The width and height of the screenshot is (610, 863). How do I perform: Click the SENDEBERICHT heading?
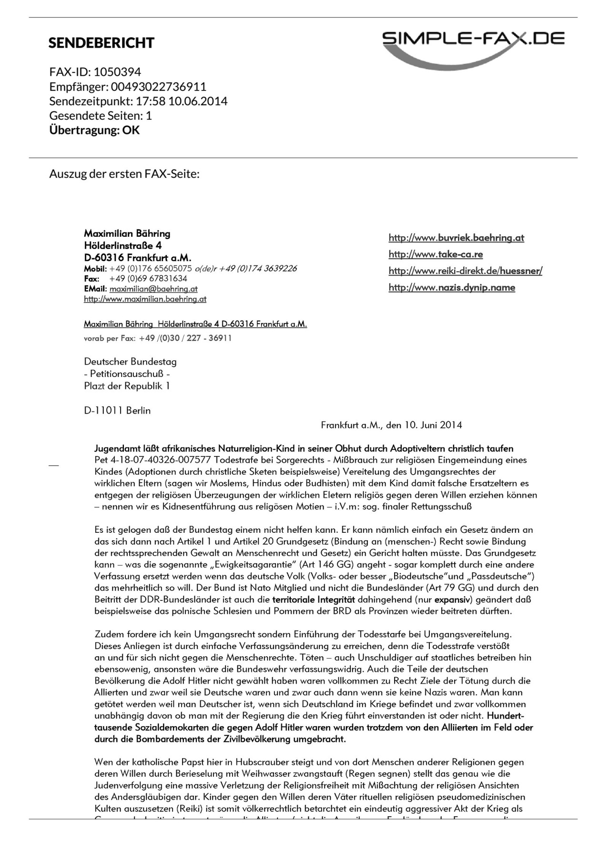pyautogui.click(x=102, y=43)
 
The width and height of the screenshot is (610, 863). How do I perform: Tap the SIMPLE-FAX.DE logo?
pyautogui.click(x=473, y=48)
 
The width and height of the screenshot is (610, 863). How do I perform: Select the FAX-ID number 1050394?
pyautogui.click(x=117, y=72)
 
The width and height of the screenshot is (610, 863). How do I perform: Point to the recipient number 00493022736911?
pyautogui.click(x=159, y=87)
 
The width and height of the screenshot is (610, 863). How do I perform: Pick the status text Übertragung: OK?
pyautogui.click(x=94, y=130)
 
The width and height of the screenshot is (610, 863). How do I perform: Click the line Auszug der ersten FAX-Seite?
pyautogui.click(x=124, y=173)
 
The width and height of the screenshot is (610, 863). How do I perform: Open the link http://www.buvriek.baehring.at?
pyautogui.click(x=456, y=238)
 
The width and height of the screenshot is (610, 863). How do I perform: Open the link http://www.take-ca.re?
pyautogui.click(x=436, y=254)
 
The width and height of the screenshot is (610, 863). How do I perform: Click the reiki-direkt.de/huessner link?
pyautogui.click(x=465, y=271)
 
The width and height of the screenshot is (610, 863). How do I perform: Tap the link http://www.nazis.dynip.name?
pyautogui.click(x=452, y=287)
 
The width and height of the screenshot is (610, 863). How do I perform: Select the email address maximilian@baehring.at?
pyautogui.click(x=153, y=289)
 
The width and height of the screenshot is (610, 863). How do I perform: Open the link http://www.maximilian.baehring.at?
pyautogui.click(x=145, y=299)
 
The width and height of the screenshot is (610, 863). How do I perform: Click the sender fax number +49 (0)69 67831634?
pyautogui.click(x=148, y=279)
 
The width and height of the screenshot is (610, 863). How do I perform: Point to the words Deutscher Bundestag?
pyautogui.click(x=130, y=362)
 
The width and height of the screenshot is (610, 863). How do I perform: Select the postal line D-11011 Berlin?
pyautogui.click(x=117, y=410)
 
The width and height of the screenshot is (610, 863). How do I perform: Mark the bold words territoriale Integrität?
pyautogui.click(x=314, y=599)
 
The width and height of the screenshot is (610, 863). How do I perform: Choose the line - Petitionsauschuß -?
pyautogui.click(x=127, y=374)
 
